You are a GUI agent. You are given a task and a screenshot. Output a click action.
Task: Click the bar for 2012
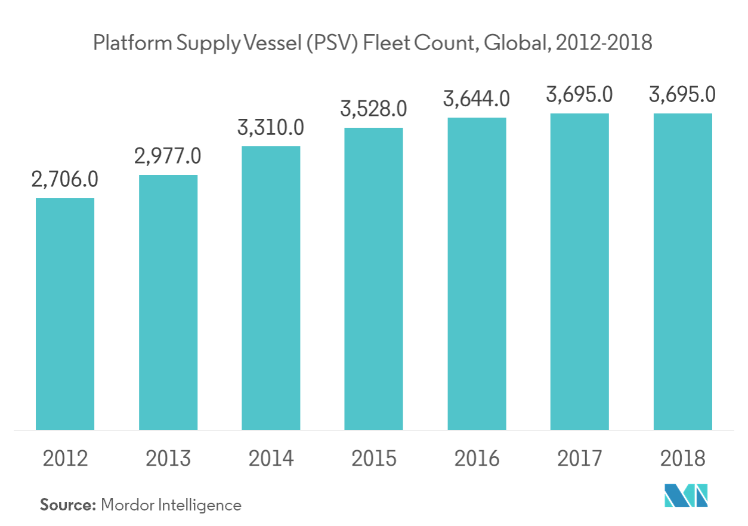[66, 313]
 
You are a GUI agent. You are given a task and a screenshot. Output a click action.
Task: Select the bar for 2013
[169, 302]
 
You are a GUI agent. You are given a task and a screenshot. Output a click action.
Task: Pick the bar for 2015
[373, 278]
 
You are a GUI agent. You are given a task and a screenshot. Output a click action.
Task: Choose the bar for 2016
[477, 273]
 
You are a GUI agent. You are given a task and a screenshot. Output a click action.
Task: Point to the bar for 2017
[579, 271]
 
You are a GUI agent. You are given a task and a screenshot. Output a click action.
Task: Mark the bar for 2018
[682, 271]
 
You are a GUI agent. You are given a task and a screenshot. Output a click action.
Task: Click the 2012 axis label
[66, 459]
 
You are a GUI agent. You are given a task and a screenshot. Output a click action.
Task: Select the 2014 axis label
[271, 459]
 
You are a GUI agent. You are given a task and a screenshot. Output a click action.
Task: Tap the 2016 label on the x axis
[477, 459]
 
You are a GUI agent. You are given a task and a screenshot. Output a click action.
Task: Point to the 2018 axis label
[682, 459]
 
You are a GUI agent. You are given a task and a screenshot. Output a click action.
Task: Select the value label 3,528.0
[373, 109]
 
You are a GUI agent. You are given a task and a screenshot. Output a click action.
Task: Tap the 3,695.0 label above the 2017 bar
[579, 94]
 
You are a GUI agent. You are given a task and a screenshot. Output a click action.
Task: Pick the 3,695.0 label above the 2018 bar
[682, 94]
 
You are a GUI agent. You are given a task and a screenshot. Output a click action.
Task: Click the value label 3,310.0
[271, 127]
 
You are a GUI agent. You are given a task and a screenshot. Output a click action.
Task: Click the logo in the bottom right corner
[686, 496]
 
